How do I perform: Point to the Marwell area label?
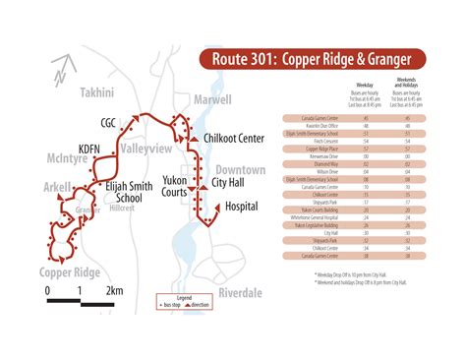click(x=212, y=100)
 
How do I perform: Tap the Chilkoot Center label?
click(x=232, y=138)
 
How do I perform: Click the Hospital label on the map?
click(x=241, y=207)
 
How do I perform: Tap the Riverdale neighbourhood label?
click(x=240, y=292)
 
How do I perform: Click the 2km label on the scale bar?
click(x=114, y=291)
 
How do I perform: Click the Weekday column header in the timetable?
click(x=363, y=86)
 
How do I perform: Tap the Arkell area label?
click(x=58, y=187)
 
